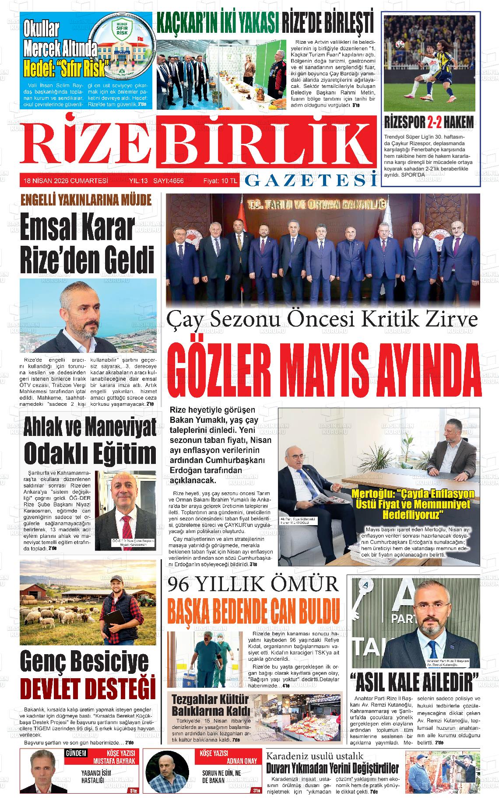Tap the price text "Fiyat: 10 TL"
tap(220, 181)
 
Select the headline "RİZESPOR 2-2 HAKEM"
tap(429, 123)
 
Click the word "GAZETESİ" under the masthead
tap(310, 180)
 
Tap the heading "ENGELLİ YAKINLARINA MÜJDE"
tap(86, 201)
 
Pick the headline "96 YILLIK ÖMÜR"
tap(254, 585)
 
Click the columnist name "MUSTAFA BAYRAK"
tap(114, 761)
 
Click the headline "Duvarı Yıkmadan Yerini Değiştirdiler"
tap(333, 768)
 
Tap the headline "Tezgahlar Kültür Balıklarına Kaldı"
tap(211, 704)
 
